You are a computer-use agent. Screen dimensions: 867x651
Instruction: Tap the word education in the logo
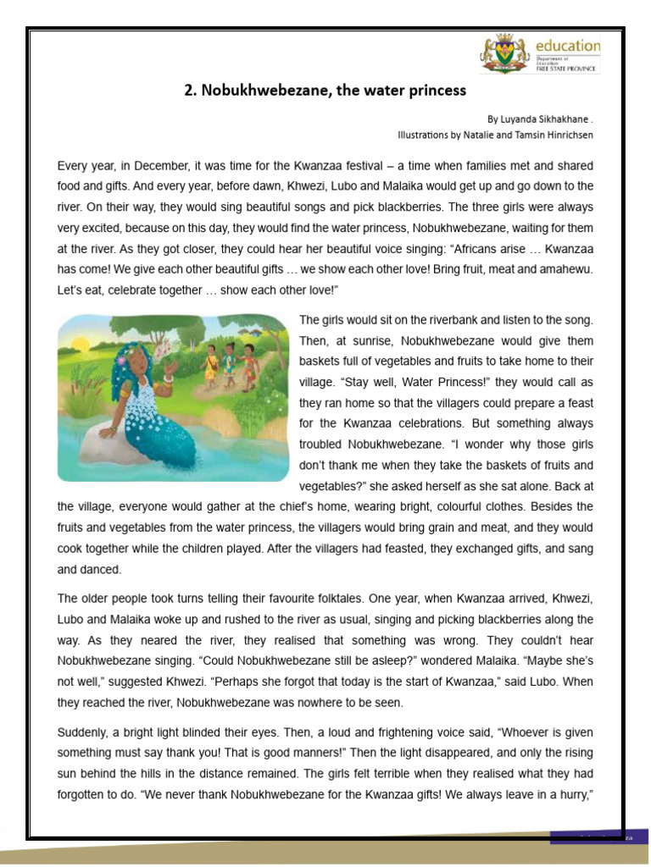(567, 46)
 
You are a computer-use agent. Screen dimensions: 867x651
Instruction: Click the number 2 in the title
(190, 90)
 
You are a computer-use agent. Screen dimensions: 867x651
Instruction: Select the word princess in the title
(435, 90)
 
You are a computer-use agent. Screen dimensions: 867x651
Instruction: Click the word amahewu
(564, 271)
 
